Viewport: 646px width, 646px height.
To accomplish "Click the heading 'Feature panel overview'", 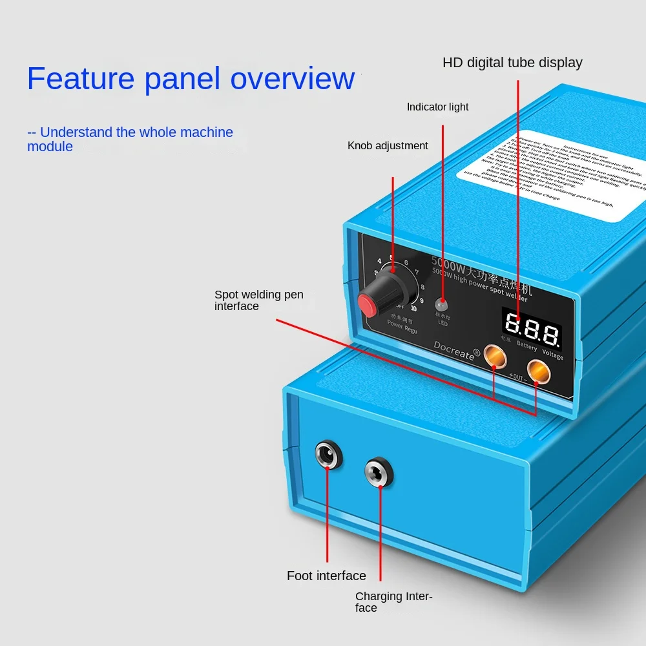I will pyautogui.click(x=191, y=78).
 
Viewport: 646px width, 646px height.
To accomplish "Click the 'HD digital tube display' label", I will pyautogui.click(x=512, y=63).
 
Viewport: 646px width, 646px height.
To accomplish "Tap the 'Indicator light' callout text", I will pyautogui.click(x=437, y=107).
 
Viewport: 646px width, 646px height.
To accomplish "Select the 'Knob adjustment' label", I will pyautogui.click(x=388, y=145).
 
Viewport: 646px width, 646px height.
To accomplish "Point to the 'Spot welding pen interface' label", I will pyautogui.click(x=258, y=300).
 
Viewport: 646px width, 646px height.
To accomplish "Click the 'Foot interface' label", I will pyautogui.click(x=326, y=576).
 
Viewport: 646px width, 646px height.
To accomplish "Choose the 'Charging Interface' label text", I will pyautogui.click(x=393, y=602).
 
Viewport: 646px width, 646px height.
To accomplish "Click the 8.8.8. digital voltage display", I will pyautogui.click(x=531, y=329).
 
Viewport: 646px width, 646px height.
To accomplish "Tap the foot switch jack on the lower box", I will pyautogui.click(x=328, y=455).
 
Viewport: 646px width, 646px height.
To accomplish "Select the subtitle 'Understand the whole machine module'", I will pyautogui.click(x=130, y=139).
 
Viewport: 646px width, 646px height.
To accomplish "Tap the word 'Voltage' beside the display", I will pyautogui.click(x=552, y=355).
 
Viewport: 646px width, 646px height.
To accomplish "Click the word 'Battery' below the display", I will pyautogui.click(x=526, y=346).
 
